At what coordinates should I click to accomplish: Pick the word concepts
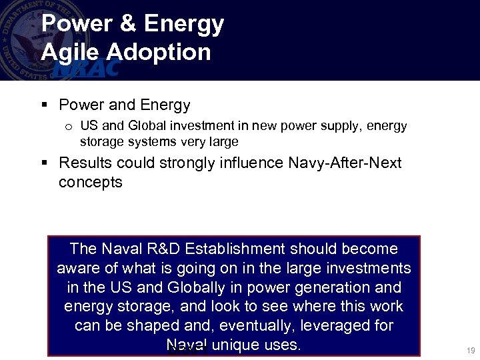pyautogui.click(x=91, y=183)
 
